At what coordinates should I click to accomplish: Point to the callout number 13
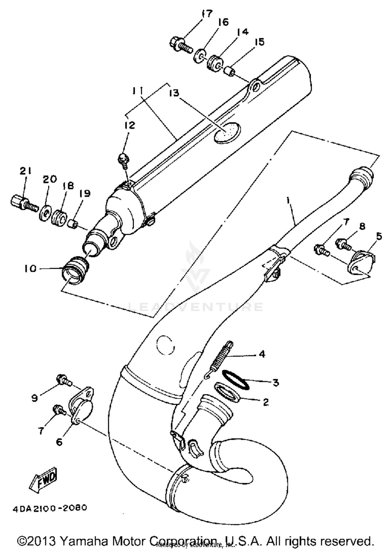(174, 93)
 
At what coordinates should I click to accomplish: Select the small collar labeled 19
(72, 224)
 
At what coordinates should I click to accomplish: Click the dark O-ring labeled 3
(235, 379)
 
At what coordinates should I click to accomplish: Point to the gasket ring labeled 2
(228, 393)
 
